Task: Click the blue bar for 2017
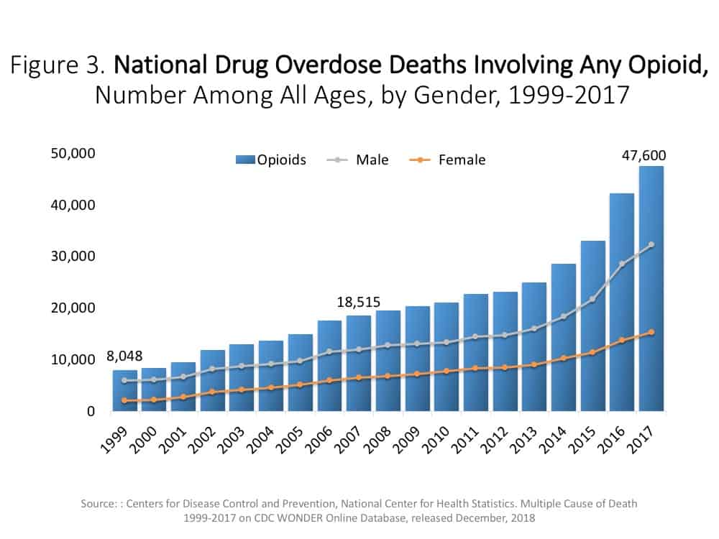(x=651, y=287)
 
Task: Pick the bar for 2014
(x=564, y=338)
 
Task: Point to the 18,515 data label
(x=358, y=302)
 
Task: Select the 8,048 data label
(x=124, y=355)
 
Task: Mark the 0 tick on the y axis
(x=91, y=412)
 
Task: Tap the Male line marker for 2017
(x=651, y=244)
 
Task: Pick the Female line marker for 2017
(x=651, y=332)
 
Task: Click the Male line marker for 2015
(x=592, y=299)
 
